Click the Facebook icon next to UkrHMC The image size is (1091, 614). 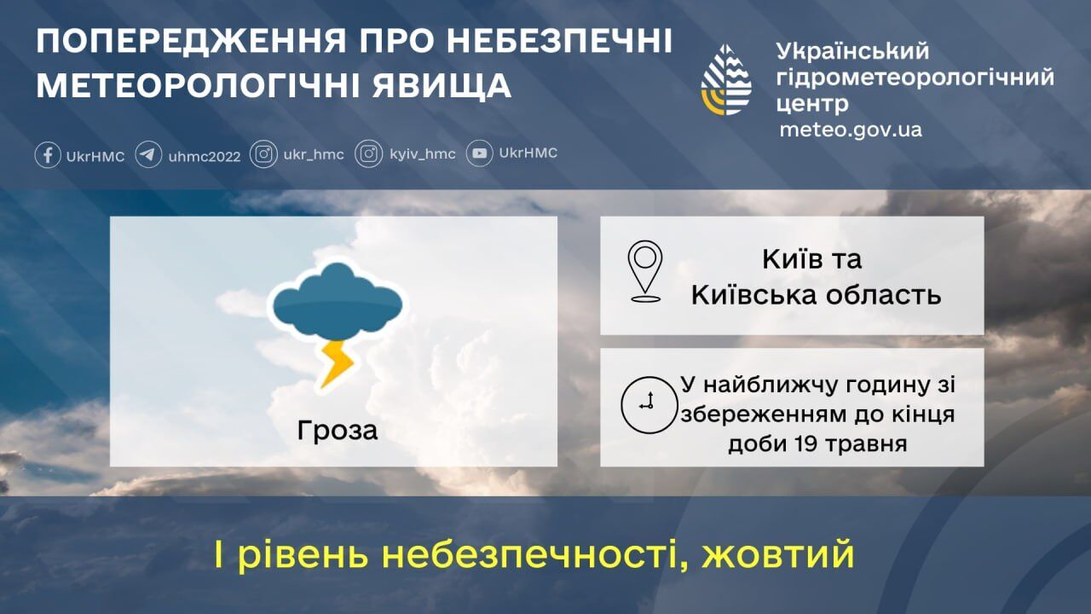(x=48, y=155)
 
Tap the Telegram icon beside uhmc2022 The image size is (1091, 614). (x=148, y=155)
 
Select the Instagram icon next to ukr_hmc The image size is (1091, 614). (x=264, y=154)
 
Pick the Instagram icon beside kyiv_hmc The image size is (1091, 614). (x=368, y=154)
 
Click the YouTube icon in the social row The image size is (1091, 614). (x=479, y=154)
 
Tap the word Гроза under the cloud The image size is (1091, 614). (x=338, y=431)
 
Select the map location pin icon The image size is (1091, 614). (x=645, y=270)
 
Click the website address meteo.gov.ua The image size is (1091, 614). (x=850, y=130)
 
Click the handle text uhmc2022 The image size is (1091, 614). (x=205, y=156)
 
